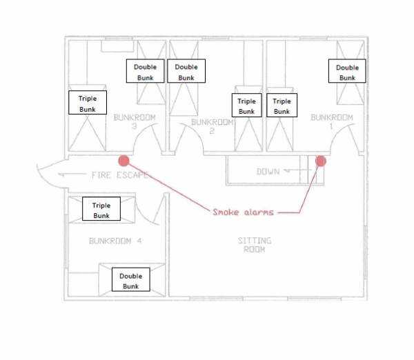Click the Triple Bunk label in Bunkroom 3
pyautogui.click(x=88, y=103)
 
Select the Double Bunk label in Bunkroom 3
pyautogui.click(x=145, y=72)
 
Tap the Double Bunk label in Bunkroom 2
pyautogui.click(x=186, y=72)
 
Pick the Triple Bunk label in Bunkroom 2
pyautogui.click(x=246, y=106)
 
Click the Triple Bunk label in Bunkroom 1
pyautogui.click(x=282, y=106)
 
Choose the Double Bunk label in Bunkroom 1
pyautogui.click(x=347, y=72)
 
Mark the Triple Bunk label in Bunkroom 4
pyautogui.click(x=101, y=210)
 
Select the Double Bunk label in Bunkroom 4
pyautogui.click(x=130, y=280)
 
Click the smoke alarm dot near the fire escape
pyautogui.click(x=124, y=161)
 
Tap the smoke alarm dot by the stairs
pyautogui.click(x=321, y=161)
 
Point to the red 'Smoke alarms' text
pyautogui.click(x=243, y=212)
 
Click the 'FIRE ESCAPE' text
pyautogui.click(x=119, y=175)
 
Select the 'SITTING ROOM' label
pyautogui.click(x=255, y=245)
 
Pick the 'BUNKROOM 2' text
pyautogui.click(x=212, y=126)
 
